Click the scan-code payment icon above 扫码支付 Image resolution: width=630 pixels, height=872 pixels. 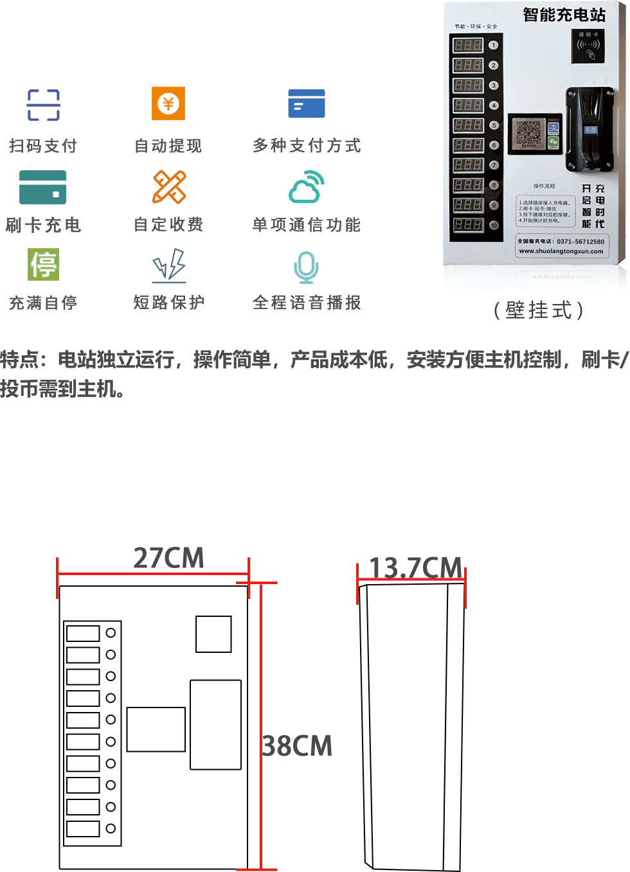[44, 105]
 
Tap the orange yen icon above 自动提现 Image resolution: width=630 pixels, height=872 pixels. [168, 103]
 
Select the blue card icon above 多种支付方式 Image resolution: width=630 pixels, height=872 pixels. [307, 104]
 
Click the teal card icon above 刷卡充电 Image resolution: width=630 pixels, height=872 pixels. [43, 187]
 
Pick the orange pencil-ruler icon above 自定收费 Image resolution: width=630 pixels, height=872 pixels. [169, 187]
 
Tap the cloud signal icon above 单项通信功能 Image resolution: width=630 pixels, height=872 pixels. [307, 187]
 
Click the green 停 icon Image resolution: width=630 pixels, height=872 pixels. [44, 264]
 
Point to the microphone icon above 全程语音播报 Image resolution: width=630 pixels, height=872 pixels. [306, 267]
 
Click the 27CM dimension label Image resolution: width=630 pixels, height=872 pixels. [168, 558]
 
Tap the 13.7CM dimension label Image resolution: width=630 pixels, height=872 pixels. [415, 567]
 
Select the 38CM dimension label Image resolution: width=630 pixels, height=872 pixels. [297, 746]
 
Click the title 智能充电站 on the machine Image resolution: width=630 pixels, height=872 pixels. [564, 15]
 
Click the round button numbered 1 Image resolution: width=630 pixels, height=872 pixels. [494, 45]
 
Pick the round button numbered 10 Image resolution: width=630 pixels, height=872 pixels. [494, 225]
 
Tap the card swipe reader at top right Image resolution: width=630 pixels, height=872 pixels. [588, 46]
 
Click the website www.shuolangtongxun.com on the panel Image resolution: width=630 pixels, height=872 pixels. [561, 251]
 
